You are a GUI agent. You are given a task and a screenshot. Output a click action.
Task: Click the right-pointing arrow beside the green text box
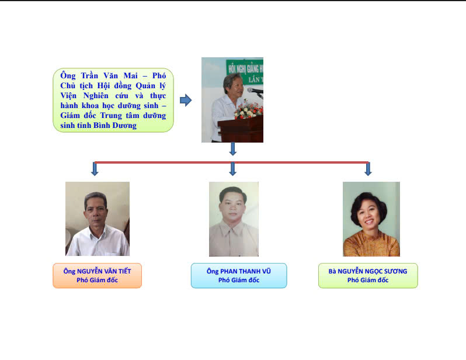186,101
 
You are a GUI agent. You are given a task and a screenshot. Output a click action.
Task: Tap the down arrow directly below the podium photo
232,149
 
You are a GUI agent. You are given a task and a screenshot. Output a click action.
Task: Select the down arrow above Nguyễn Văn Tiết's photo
95,169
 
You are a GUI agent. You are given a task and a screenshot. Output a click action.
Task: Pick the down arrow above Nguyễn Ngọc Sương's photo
368,169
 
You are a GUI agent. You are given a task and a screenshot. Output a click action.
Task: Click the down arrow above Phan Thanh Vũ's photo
232,169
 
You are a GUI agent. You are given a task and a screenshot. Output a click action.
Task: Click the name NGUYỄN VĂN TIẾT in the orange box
104,271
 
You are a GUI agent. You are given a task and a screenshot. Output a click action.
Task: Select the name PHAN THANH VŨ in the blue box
245,271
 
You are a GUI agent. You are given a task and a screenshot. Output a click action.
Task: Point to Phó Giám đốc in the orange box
97,280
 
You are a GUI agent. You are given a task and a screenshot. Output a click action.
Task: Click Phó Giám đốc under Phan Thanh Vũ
239,280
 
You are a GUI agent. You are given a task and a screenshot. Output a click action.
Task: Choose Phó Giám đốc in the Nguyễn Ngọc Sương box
368,280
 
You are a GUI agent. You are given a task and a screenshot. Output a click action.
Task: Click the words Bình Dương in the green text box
115,126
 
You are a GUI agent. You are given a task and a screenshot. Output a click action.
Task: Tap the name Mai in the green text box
130,75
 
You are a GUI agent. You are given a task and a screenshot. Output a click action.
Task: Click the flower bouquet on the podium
248,110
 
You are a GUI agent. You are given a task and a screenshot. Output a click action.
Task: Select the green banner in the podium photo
245,72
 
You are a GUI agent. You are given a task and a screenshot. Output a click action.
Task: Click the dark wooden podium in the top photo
241,130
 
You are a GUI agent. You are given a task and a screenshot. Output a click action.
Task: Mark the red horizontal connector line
231,162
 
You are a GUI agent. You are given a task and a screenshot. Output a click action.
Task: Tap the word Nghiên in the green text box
96,95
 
